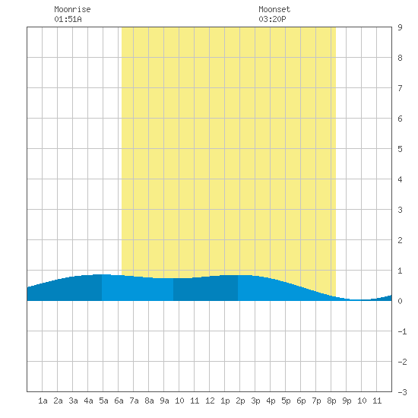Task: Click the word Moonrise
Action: point(72,9)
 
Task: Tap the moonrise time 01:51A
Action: point(68,19)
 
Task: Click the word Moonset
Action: point(274,9)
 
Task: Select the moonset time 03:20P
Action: point(272,19)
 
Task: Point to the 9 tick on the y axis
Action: point(400,27)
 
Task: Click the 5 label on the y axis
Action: point(400,149)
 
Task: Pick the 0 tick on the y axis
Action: point(400,301)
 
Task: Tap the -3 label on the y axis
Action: point(402,392)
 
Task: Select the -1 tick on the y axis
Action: point(402,331)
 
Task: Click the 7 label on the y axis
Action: point(400,88)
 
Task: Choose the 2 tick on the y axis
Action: point(400,240)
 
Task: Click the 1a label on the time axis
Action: point(43,401)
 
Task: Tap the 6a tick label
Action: point(119,401)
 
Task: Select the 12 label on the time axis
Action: point(210,401)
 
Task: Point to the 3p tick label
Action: point(255,401)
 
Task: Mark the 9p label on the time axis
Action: point(347,401)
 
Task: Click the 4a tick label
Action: point(88,401)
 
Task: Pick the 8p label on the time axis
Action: point(331,401)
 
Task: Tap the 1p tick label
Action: point(225,401)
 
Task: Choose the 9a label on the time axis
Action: point(164,401)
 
